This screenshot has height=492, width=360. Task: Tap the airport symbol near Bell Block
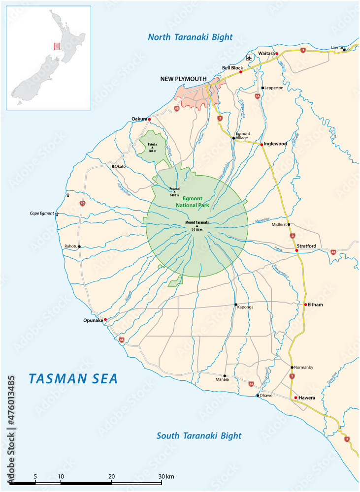(249, 58)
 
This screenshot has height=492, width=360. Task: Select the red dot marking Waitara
(277, 53)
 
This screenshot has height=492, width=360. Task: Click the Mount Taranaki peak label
(197, 222)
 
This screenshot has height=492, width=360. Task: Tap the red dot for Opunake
(105, 319)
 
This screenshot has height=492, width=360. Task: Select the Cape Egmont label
(42, 214)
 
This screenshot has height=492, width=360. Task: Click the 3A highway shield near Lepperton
(257, 96)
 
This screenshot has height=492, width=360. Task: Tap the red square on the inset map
(57, 46)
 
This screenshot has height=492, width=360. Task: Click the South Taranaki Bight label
(199, 435)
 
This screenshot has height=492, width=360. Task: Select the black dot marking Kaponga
(235, 305)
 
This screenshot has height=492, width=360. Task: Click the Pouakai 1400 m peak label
(174, 191)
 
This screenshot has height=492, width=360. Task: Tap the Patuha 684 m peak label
(153, 146)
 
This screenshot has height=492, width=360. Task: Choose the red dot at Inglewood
(262, 145)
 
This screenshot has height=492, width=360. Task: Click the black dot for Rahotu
(79, 246)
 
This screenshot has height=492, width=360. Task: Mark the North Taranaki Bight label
(191, 37)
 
